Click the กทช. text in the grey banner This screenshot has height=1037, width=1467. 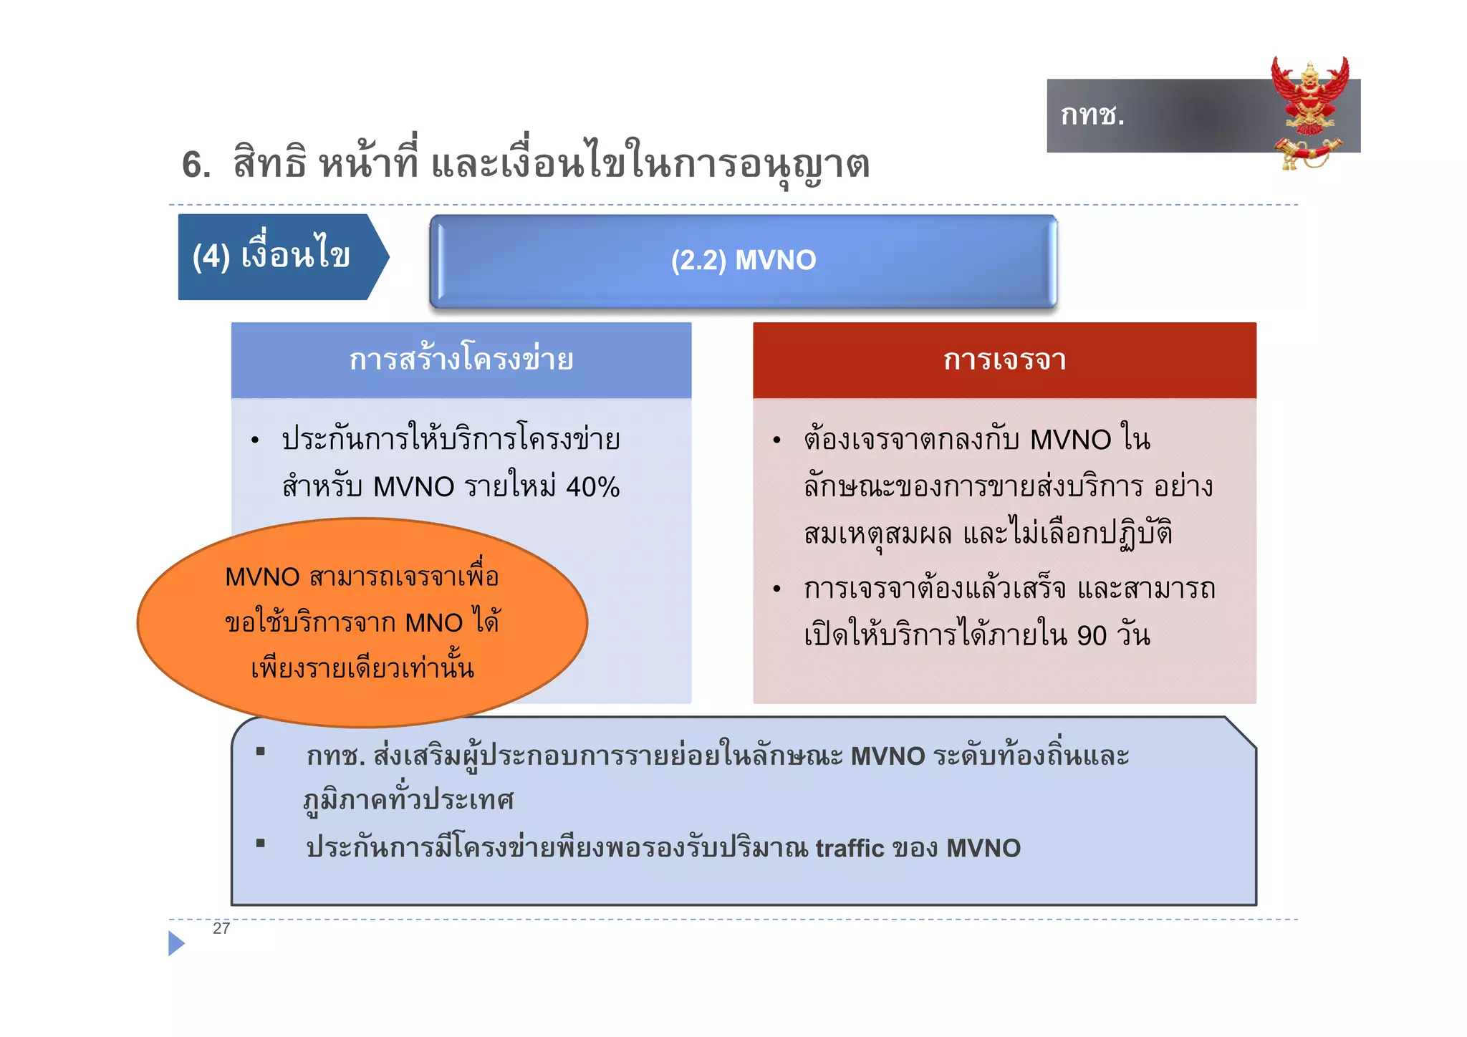[1092, 115]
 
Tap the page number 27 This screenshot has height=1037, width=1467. [221, 928]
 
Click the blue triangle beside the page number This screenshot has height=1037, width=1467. [175, 943]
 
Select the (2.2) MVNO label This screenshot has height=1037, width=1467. [743, 260]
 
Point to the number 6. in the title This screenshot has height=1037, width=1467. [196, 165]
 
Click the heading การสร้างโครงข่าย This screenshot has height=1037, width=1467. [461, 360]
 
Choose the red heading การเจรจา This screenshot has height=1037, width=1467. [1004, 360]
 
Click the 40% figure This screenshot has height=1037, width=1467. [592, 487]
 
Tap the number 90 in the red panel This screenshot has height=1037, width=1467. [1092, 636]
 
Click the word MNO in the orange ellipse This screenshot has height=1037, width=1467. [433, 623]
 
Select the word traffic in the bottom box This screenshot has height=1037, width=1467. [850, 849]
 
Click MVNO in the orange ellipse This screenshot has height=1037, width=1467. [262, 577]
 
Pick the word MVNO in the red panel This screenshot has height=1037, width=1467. [1070, 440]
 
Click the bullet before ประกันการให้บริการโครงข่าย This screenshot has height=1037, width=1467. [255, 440]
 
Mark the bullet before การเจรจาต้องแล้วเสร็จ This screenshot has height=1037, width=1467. [776, 589]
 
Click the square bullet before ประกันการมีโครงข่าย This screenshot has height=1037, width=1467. [261, 843]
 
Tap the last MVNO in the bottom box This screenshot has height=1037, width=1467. [983, 849]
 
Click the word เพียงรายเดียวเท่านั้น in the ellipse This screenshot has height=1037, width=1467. [362, 668]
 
